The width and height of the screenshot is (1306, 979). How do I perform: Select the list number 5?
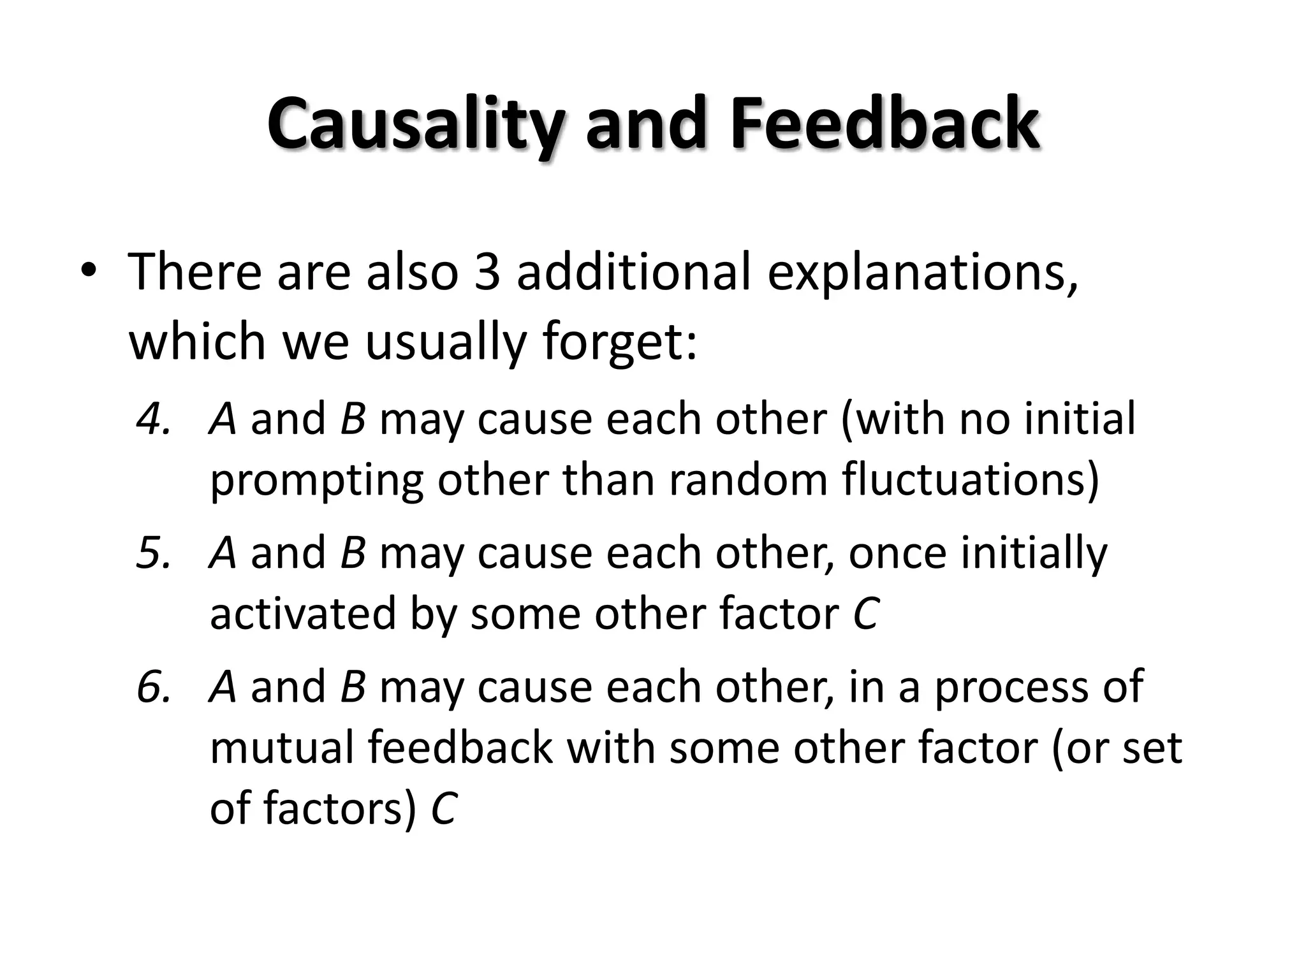(x=154, y=553)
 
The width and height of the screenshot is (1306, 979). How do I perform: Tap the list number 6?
(x=154, y=686)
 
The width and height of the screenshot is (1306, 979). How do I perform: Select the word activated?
(x=304, y=613)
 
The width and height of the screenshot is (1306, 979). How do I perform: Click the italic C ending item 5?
(x=865, y=614)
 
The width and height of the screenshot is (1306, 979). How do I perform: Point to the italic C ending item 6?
(x=443, y=808)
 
